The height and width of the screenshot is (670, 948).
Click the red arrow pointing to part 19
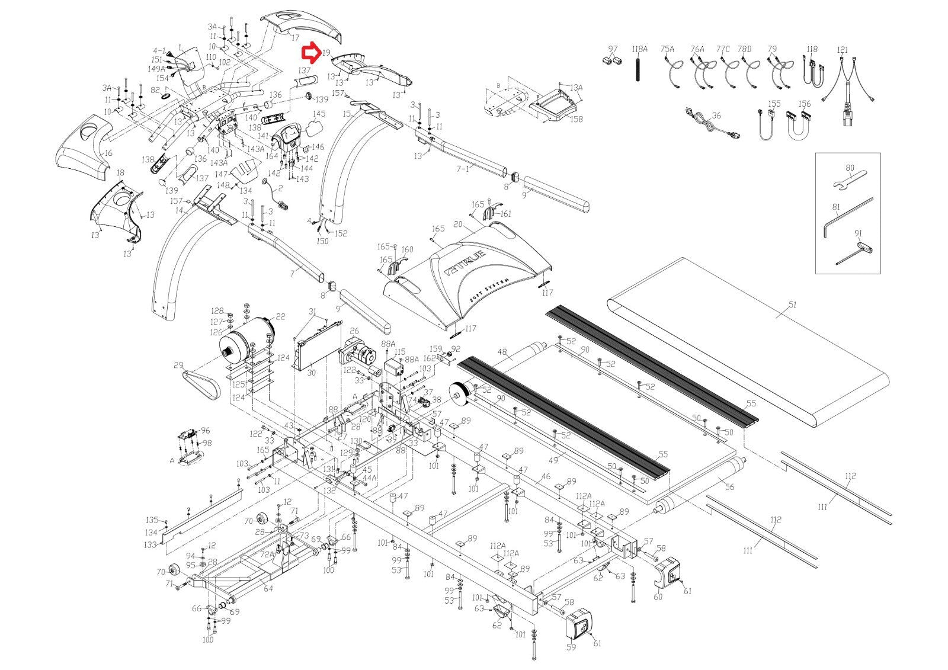[x=310, y=53]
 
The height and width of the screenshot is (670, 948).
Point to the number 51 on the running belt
[x=792, y=305]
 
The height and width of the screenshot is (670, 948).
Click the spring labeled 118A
[x=638, y=71]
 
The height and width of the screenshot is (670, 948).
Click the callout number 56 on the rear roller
[x=729, y=487]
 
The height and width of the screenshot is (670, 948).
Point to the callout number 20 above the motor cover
[x=457, y=224]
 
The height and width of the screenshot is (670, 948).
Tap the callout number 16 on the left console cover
[x=107, y=153]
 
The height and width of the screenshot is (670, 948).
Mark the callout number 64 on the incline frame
[x=268, y=588]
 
